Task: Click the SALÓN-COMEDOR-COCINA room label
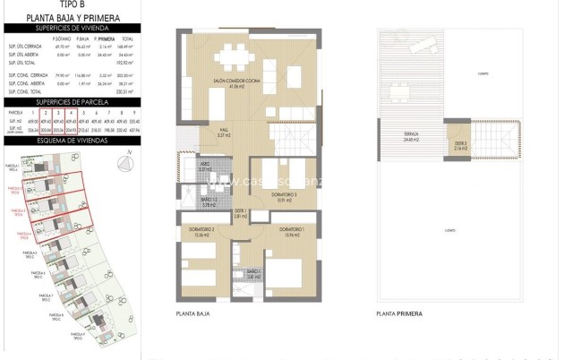237,81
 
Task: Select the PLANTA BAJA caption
193,314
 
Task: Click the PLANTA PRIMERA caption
399,314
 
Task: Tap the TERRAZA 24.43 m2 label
412,137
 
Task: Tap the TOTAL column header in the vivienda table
128,39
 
